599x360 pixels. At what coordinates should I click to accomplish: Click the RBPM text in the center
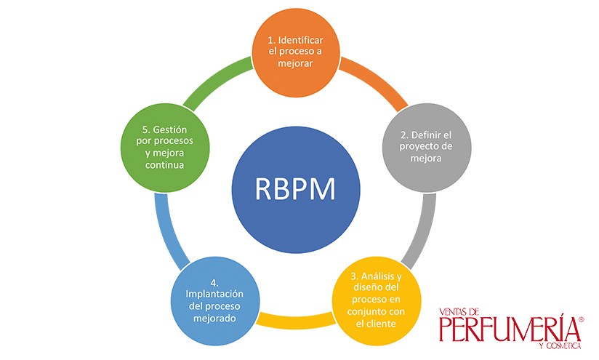(295, 189)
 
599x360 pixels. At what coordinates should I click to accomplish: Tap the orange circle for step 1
(296, 53)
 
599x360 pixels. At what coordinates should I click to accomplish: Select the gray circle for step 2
(427, 148)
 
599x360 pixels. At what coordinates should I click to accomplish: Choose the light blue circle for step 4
(215, 301)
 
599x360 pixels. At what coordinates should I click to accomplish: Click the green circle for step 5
(165, 148)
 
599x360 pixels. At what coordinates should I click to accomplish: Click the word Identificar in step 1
(301, 40)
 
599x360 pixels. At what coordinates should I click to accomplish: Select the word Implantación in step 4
(214, 295)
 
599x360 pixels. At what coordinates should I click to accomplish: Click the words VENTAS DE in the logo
(459, 312)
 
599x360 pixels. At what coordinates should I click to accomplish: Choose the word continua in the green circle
(164, 165)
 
